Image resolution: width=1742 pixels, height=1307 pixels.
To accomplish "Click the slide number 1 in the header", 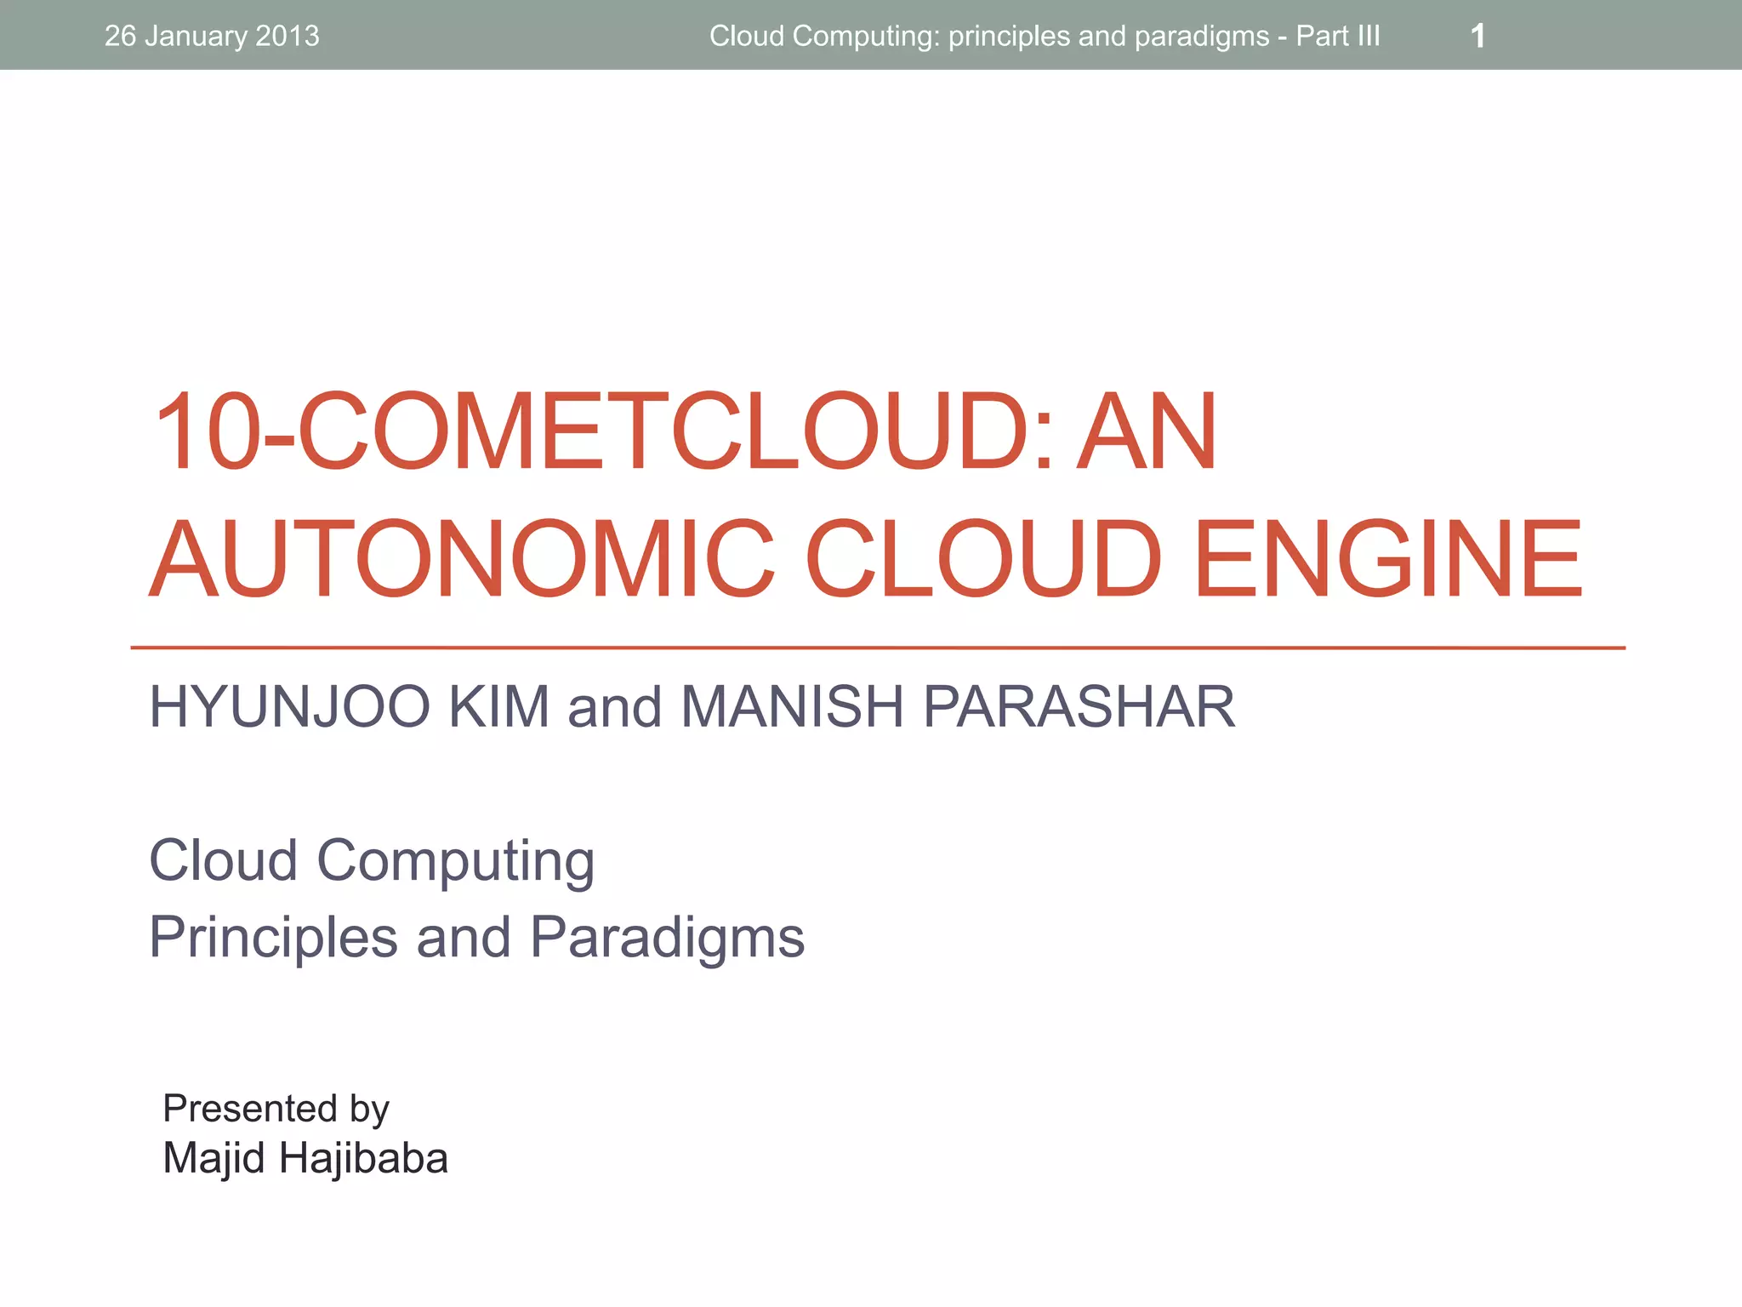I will pyautogui.click(x=1477, y=36).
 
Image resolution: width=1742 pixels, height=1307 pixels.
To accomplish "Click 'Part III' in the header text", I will pyautogui.click(x=1337, y=36).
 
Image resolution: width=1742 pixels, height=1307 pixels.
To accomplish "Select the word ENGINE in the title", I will pyautogui.click(x=1388, y=559).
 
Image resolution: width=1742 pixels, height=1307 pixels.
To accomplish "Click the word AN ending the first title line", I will pyautogui.click(x=1147, y=431).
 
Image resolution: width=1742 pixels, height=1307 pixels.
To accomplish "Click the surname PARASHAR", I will pyautogui.click(x=1079, y=706).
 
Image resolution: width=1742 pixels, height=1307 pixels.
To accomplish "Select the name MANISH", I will pyautogui.click(x=791, y=706).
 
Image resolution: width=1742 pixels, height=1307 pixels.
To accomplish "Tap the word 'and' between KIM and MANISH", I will pyautogui.click(x=614, y=708).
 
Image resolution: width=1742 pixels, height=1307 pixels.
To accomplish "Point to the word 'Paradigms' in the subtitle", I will pyautogui.click(x=667, y=937).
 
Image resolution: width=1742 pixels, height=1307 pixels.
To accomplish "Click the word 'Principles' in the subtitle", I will pyautogui.click(x=273, y=937).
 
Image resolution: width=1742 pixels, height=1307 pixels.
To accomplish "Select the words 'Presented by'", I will pyautogui.click(x=276, y=1108).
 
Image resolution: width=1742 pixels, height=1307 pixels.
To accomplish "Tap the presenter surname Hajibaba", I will pyautogui.click(x=363, y=1158).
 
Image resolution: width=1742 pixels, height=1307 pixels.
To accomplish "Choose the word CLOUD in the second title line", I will pyautogui.click(x=983, y=559).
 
